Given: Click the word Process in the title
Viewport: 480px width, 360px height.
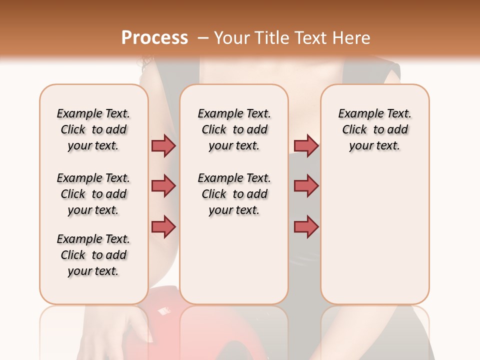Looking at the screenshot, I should [x=154, y=38].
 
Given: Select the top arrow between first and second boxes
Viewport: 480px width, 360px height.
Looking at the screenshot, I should [x=163, y=145].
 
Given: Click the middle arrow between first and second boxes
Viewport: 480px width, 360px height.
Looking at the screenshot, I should [x=163, y=186].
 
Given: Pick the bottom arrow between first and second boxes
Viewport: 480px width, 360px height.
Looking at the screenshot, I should [x=163, y=226].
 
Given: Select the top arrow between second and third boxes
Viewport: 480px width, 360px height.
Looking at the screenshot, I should [x=306, y=145].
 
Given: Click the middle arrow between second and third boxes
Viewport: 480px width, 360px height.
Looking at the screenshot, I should [x=306, y=186].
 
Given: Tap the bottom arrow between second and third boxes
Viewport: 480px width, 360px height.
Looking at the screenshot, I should [x=306, y=226].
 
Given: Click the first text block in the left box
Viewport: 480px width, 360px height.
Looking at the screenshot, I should [x=93, y=129].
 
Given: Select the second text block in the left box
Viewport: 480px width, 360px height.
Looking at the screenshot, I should [x=93, y=194].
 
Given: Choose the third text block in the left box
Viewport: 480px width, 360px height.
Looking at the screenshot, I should [x=93, y=255].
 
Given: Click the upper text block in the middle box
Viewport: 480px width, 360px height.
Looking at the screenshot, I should [x=234, y=129].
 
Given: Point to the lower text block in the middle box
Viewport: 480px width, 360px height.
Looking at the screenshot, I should [x=234, y=194].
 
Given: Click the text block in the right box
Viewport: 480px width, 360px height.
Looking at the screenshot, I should [x=375, y=129].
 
